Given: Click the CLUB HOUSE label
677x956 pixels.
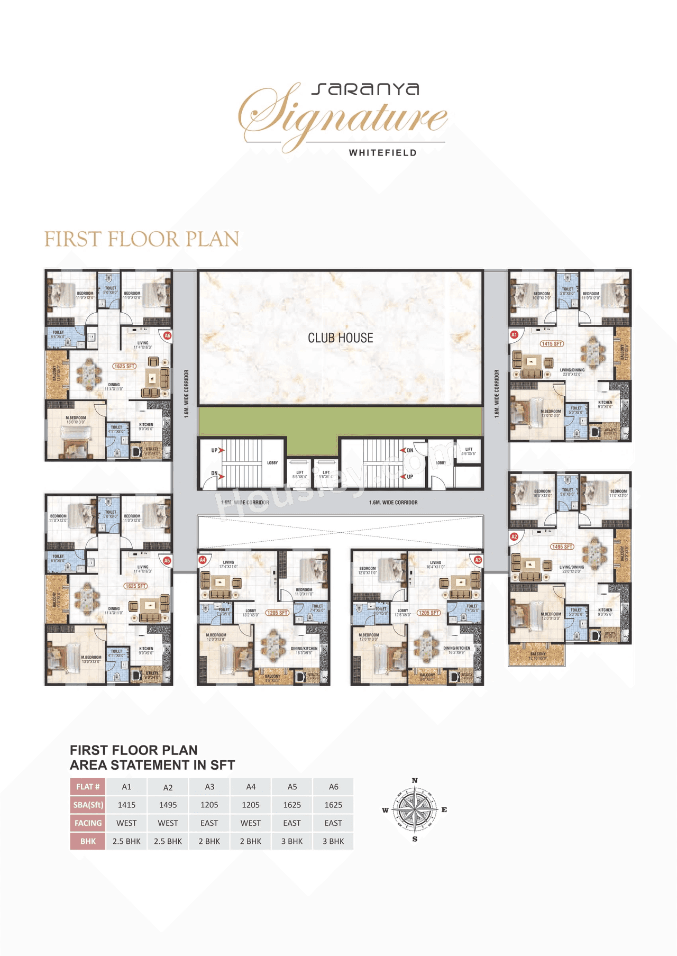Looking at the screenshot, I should click(x=341, y=338).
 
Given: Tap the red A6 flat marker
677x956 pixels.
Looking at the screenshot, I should click(x=167, y=335).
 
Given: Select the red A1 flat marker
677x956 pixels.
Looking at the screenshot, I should click(x=514, y=334).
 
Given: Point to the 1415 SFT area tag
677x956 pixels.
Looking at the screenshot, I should click(x=552, y=344).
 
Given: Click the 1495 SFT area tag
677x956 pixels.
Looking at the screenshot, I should click(x=562, y=547).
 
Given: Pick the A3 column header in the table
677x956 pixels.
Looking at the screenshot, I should click(x=209, y=787).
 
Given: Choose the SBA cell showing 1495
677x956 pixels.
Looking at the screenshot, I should click(x=168, y=805).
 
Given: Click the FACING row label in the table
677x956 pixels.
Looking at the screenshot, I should click(x=88, y=823).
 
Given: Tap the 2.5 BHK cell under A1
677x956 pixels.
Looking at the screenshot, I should click(x=126, y=841).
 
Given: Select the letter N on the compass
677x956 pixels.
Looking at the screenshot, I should click(x=415, y=780).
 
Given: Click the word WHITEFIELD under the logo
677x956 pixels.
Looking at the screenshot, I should click(x=383, y=153).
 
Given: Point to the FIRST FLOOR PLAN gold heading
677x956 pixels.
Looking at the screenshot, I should click(x=142, y=239).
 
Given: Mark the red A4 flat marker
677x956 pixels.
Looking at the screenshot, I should click(x=202, y=560).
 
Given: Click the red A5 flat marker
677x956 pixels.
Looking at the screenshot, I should click(x=167, y=560).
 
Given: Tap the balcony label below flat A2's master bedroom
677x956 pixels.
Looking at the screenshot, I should click(x=537, y=655).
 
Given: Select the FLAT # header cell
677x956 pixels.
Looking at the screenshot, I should click(x=88, y=787).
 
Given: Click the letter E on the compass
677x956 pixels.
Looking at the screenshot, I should click(x=444, y=809).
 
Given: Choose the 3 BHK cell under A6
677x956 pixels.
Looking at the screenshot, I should click(x=333, y=841).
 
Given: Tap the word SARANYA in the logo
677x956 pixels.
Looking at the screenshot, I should click(x=365, y=89).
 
